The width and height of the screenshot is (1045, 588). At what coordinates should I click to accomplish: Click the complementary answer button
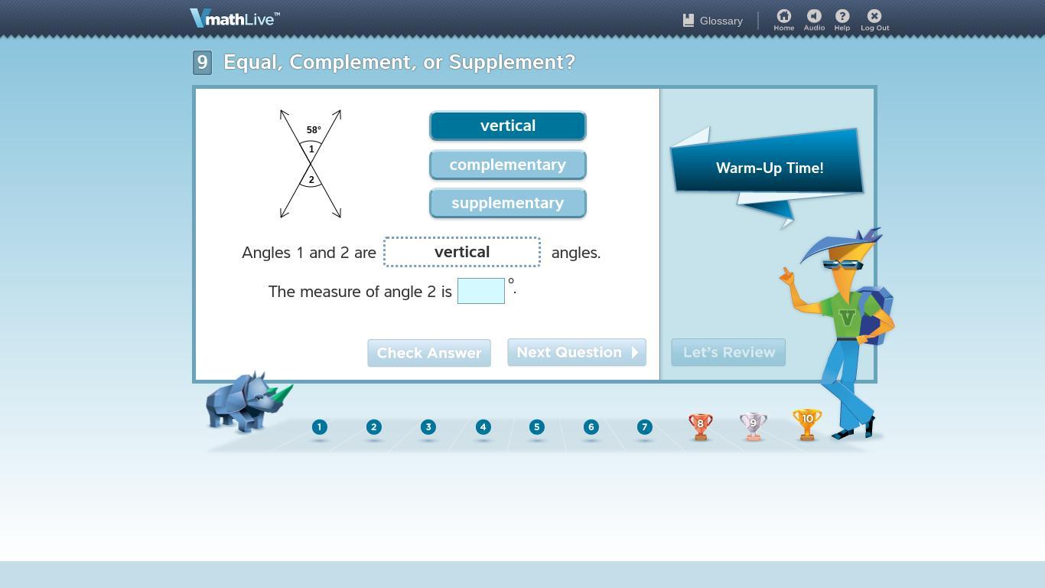click(x=507, y=165)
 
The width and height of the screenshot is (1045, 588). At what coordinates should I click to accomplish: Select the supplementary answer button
click(x=507, y=203)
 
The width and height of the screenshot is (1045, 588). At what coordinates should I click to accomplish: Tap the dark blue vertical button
click(x=507, y=126)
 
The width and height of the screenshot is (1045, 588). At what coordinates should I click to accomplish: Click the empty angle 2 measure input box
click(x=481, y=291)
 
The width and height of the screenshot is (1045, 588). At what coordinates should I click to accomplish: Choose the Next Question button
click(x=577, y=352)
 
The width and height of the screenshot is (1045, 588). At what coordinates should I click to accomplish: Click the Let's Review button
click(x=728, y=352)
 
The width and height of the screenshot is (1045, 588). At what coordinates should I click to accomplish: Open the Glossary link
click(x=713, y=21)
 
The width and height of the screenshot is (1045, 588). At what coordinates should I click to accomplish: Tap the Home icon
click(x=783, y=16)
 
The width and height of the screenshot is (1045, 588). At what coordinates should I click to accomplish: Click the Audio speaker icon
click(x=814, y=16)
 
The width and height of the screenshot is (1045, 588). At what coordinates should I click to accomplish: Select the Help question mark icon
click(x=842, y=16)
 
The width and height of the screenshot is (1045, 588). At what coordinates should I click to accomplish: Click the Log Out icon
click(x=874, y=16)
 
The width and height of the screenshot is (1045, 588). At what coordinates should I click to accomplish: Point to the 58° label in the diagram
click(x=314, y=130)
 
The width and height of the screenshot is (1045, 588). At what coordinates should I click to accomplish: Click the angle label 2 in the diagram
click(x=311, y=180)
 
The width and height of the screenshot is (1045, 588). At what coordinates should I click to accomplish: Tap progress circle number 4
click(x=483, y=427)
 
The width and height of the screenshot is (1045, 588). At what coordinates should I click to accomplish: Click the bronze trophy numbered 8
click(x=700, y=426)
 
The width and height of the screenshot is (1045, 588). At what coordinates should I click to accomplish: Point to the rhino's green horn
click(x=281, y=394)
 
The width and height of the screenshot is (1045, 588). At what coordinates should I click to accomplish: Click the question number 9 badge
click(x=203, y=63)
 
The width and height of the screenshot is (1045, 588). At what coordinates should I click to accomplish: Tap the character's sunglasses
click(x=842, y=265)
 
